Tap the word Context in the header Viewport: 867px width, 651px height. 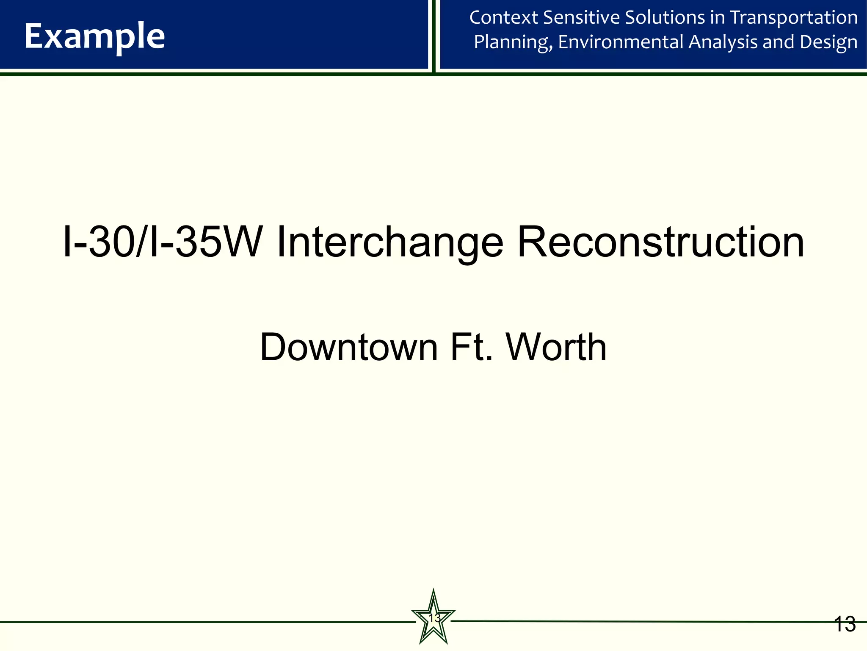tap(503, 18)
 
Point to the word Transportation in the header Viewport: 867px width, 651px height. tap(794, 18)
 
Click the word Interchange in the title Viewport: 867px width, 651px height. tap(390, 242)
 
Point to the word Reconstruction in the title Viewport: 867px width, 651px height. tap(660, 242)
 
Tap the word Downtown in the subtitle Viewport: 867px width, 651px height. tap(348, 348)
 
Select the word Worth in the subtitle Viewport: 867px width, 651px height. tap(556, 348)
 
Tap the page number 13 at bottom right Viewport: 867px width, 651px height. tap(845, 624)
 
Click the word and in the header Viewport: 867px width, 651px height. tap(778, 42)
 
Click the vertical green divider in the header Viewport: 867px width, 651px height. tap(434, 36)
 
